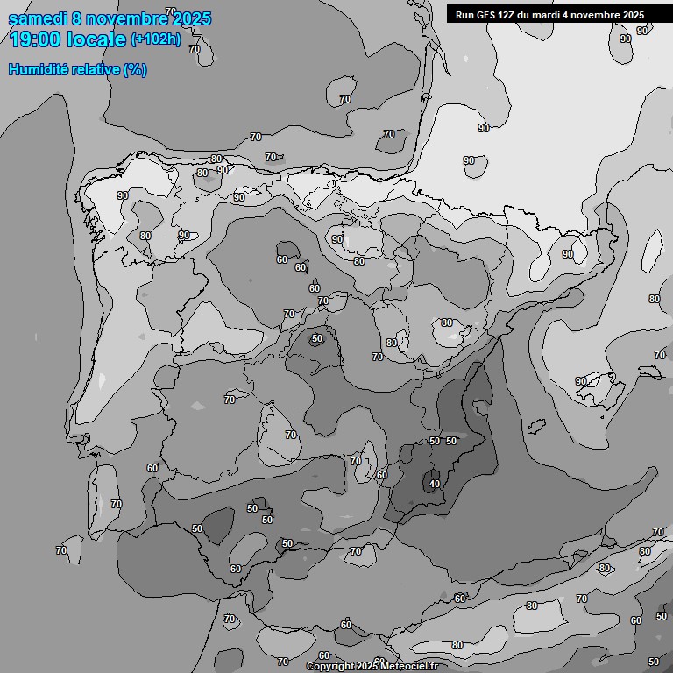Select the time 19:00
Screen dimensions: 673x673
coord(34,39)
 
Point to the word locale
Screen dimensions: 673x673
coord(96,39)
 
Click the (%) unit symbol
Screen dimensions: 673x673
coord(134,69)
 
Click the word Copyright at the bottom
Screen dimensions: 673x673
coord(331,667)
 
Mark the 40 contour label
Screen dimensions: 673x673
coord(434,483)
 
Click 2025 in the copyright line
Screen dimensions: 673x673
coord(369,667)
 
